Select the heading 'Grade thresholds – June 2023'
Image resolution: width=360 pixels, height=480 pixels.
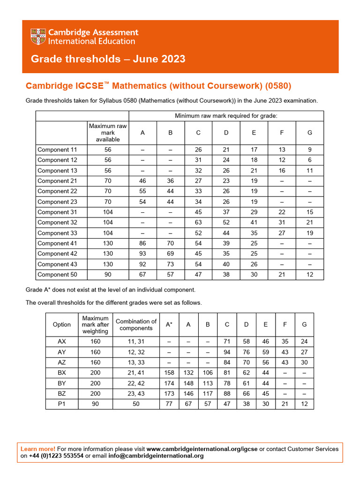click(108, 59)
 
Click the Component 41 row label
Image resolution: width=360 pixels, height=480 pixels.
click(57, 243)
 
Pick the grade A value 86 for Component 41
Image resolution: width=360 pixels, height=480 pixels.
click(142, 243)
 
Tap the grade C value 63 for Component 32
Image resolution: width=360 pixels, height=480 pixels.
click(198, 223)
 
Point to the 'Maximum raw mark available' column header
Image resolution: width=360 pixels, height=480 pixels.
click(108, 133)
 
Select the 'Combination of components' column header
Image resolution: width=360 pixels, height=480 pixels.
click(136, 324)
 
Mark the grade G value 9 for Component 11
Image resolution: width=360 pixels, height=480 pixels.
click(309, 150)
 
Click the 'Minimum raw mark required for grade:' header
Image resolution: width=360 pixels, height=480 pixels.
click(226, 116)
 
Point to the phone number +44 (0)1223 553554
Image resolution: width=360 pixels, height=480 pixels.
click(56, 456)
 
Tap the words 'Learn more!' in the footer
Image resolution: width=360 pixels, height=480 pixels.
click(38, 449)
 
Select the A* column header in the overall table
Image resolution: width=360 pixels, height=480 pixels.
click(169, 324)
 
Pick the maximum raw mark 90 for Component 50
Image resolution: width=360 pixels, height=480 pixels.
click(108, 275)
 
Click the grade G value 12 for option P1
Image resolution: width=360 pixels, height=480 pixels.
click(305, 404)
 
